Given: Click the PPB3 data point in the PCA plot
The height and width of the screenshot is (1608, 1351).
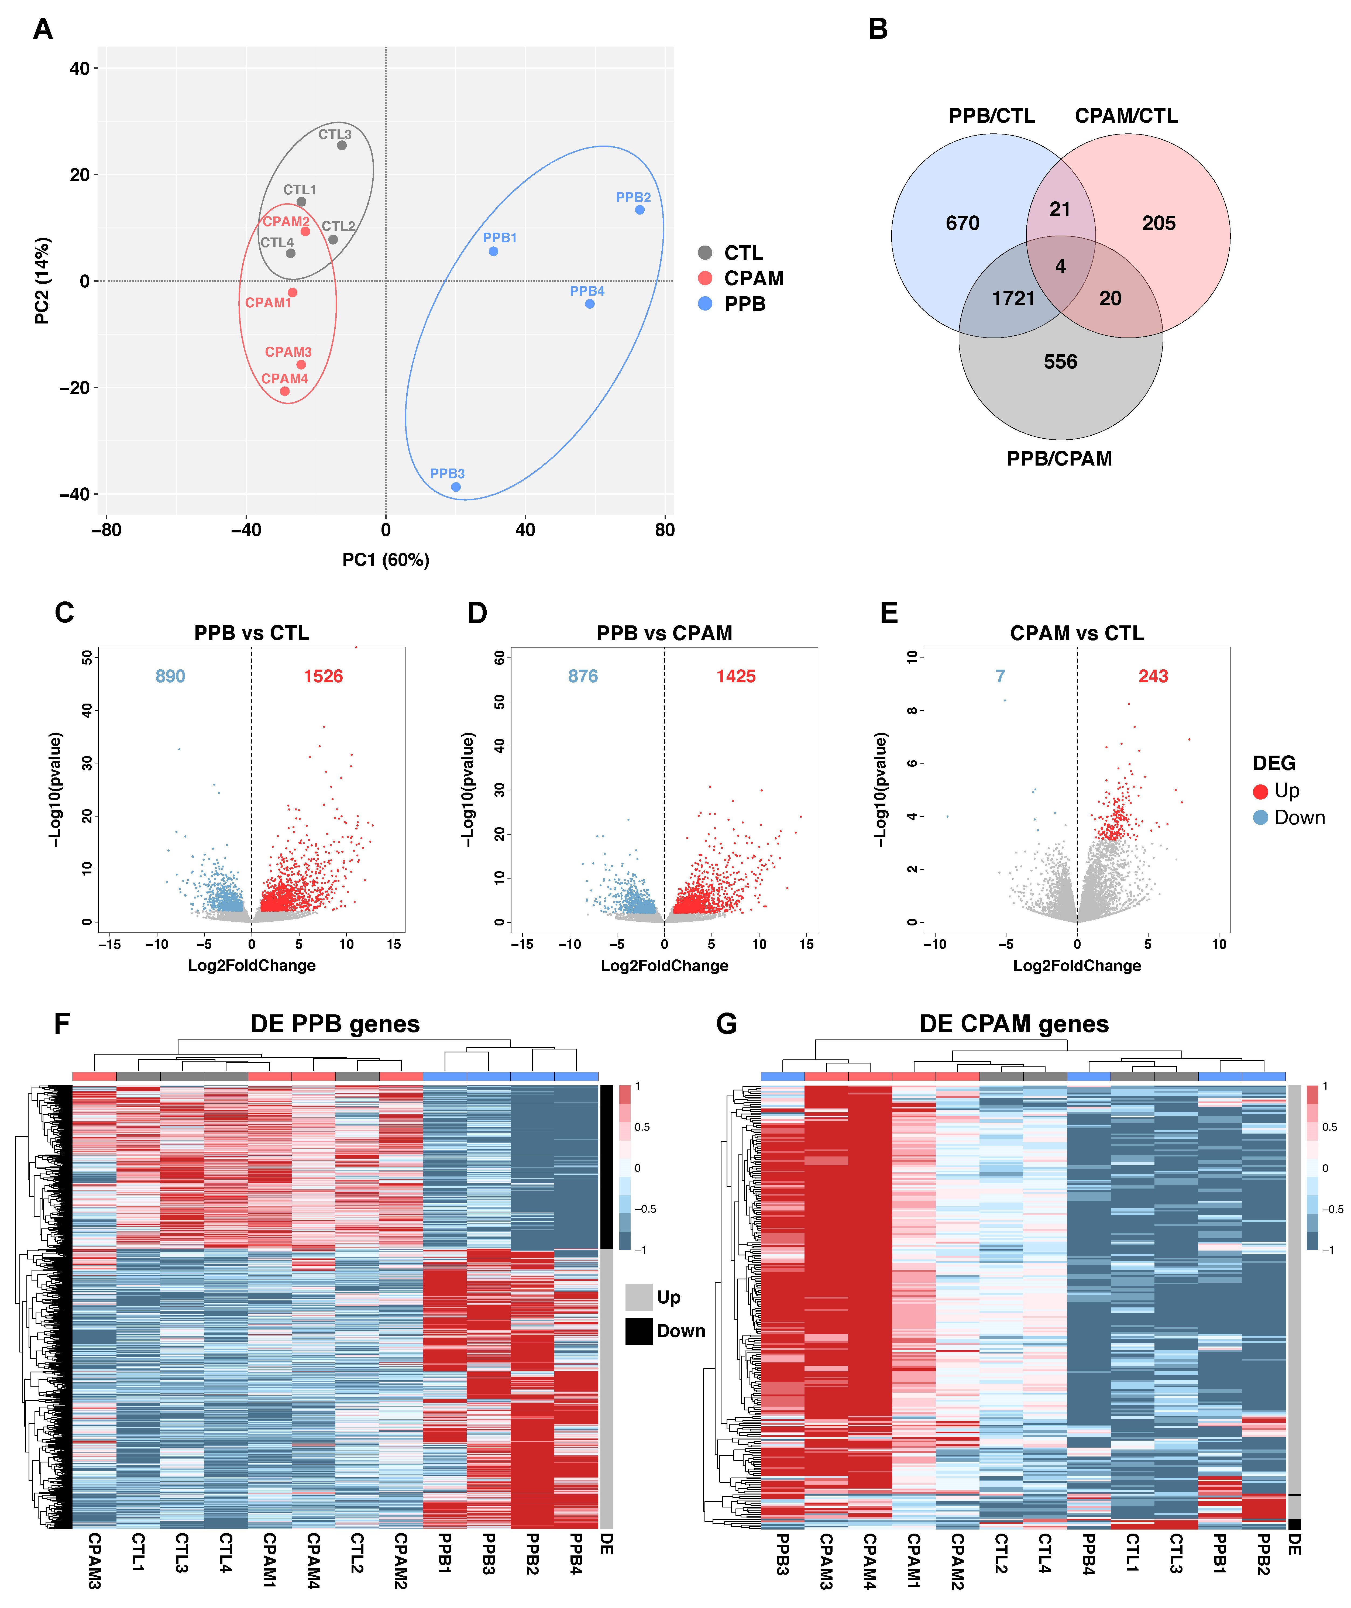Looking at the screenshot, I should [x=456, y=487].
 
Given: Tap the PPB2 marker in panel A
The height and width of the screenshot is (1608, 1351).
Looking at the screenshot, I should [x=640, y=210].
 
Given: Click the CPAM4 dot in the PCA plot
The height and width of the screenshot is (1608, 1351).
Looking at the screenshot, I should [x=285, y=391].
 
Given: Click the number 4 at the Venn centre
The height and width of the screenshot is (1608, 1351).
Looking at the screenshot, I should [x=1061, y=266].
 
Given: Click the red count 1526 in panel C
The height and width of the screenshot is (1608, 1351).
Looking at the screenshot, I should [x=323, y=676].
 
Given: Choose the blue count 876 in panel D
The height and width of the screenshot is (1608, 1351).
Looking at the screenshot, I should [x=583, y=676].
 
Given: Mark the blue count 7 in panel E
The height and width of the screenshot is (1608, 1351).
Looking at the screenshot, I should [x=1000, y=676].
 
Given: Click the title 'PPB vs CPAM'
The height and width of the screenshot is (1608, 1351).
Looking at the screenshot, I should [x=664, y=633].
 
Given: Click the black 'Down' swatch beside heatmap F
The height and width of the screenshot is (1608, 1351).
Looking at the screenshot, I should [x=639, y=1331].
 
